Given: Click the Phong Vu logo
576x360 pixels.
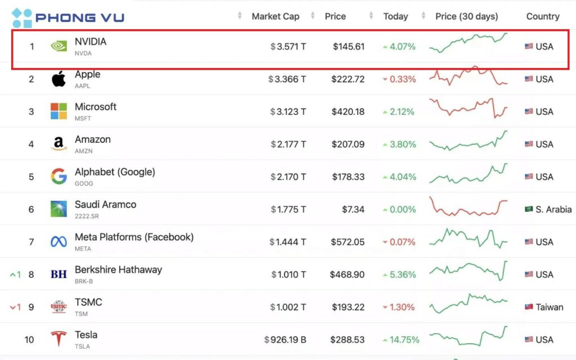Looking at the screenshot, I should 67,18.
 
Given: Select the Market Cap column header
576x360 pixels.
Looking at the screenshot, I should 275,16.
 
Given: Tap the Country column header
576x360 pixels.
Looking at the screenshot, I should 542,16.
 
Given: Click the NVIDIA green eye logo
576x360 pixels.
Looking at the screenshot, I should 58,46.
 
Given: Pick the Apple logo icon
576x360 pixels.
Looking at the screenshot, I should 58,79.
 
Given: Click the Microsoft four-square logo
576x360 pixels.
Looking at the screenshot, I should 58,111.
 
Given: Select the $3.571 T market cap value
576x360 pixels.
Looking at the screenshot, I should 288,47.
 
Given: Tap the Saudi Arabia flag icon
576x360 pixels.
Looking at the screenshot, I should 529,209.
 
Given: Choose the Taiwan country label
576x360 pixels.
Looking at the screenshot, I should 549,307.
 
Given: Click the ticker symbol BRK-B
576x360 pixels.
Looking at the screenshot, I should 85,281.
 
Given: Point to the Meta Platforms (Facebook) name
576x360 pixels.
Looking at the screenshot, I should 134,237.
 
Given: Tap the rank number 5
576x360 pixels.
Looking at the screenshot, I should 31,177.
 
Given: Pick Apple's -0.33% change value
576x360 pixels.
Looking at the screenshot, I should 400,79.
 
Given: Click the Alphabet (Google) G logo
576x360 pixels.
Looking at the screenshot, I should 58,177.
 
